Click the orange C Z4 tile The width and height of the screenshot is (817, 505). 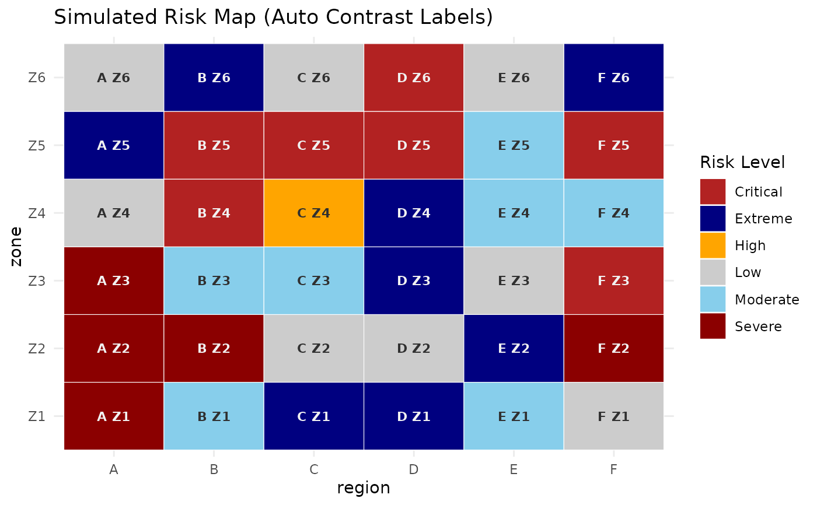[x=313, y=213]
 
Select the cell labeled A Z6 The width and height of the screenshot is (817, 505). [x=114, y=78]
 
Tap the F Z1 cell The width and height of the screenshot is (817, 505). [x=613, y=416]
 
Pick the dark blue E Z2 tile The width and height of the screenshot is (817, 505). [x=514, y=349]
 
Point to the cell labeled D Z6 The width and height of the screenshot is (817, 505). [x=414, y=78]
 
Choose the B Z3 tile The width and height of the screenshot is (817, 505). [x=214, y=281]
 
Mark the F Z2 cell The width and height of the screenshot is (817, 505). [x=613, y=349]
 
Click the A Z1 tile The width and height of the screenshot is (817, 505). [x=114, y=416]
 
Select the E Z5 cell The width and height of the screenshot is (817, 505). [x=514, y=145]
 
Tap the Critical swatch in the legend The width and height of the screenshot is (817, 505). [x=713, y=192]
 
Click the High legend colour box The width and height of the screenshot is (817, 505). [x=713, y=246]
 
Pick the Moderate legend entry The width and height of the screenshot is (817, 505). [x=713, y=299]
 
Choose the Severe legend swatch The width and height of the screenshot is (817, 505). [x=713, y=326]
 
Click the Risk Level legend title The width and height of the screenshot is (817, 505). [x=742, y=163]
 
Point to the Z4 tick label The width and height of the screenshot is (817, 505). [x=37, y=213]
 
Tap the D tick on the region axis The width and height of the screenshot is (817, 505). [x=414, y=469]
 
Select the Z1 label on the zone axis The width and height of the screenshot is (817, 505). [x=37, y=416]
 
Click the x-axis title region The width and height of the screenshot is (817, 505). [x=363, y=488]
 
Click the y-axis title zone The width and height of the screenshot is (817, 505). [x=17, y=246]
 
